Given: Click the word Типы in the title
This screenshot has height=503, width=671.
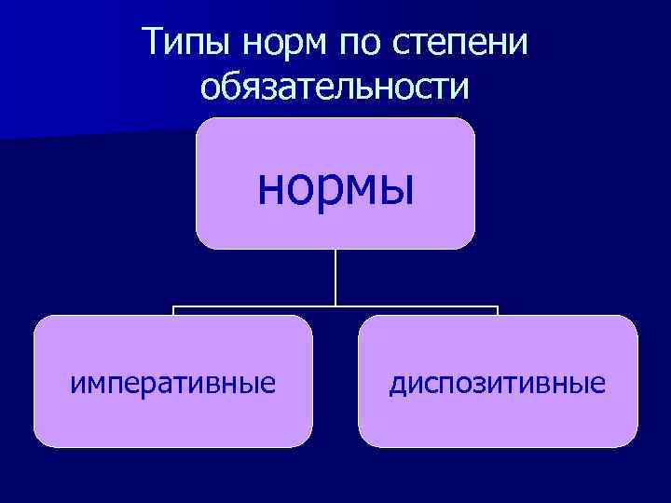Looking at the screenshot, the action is point(185,44).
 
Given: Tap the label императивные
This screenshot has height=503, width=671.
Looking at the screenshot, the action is point(173,382).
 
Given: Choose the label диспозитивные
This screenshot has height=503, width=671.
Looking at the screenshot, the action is point(498,382).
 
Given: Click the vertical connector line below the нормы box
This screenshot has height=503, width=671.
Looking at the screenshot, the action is point(335,277).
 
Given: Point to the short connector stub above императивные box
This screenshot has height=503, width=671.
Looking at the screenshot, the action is point(173,311).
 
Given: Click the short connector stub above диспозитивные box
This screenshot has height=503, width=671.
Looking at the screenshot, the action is point(498,311).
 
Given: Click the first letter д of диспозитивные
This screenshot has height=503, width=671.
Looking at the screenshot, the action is point(396,383).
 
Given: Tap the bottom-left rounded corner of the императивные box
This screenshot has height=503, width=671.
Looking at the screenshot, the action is point(41,440).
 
